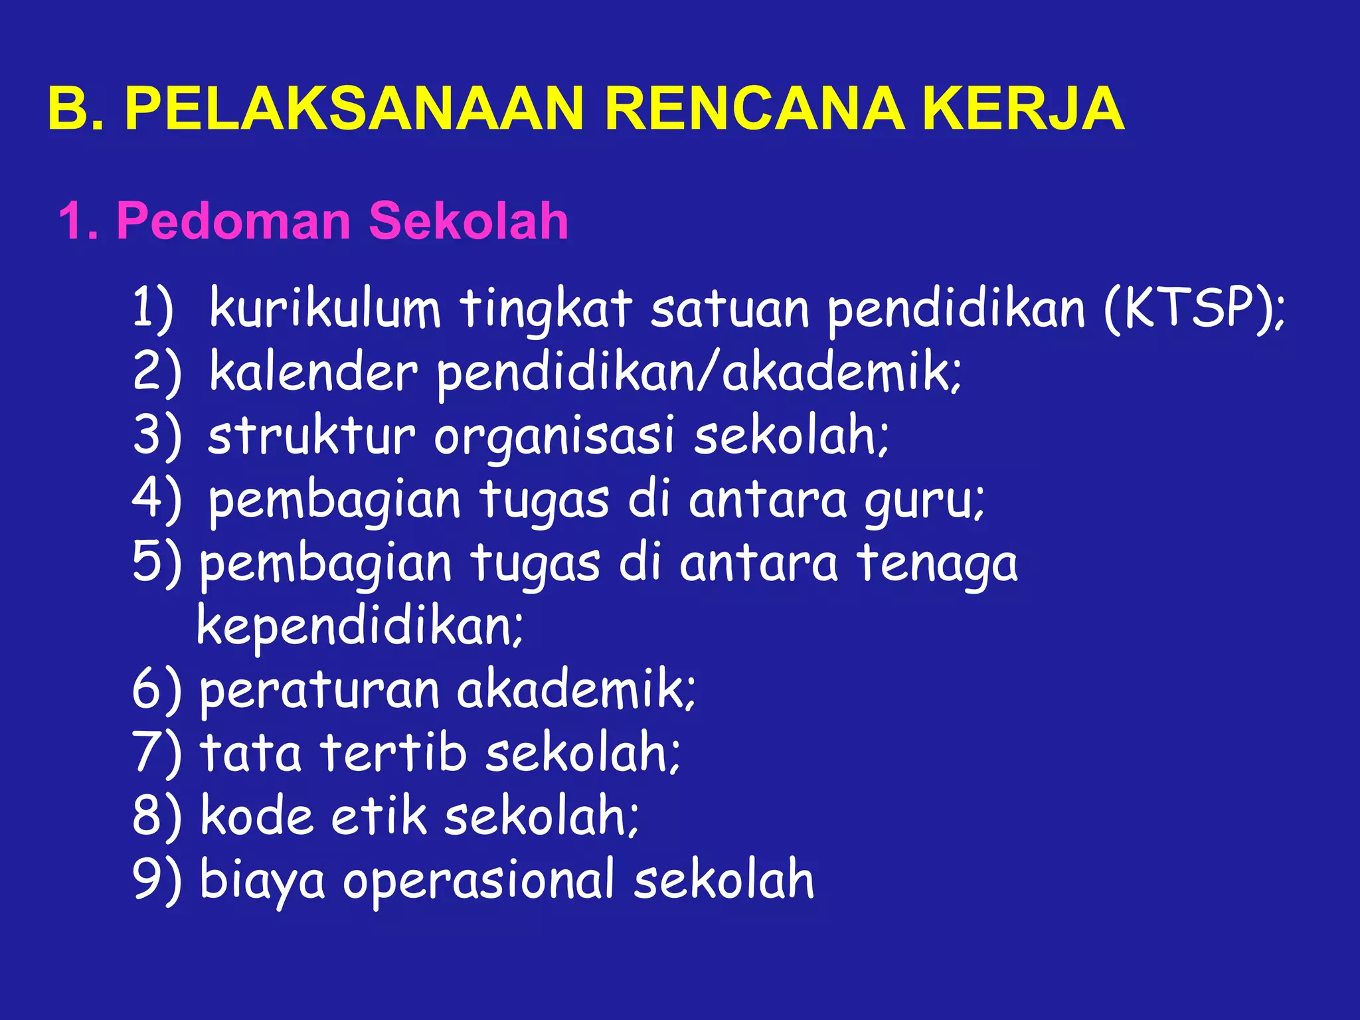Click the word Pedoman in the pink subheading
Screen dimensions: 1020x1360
pyautogui.click(x=233, y=220)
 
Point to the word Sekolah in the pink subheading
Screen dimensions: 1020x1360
pyautogui.click(x=468, y=220)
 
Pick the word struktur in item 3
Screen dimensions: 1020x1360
pyautogui.click(x=311, y=436)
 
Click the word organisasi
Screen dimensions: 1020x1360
pyautogui.click(x=554, y=436)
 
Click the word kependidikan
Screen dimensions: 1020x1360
pyautogui.click(x=359, y=626)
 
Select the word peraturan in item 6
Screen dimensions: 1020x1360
pyautogui.click(x=319, y=691)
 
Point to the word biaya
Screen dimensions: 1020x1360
pyautogui.click(x=262, y=881)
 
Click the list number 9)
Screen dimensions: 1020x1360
pyautogui.click(x=157, y=879)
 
